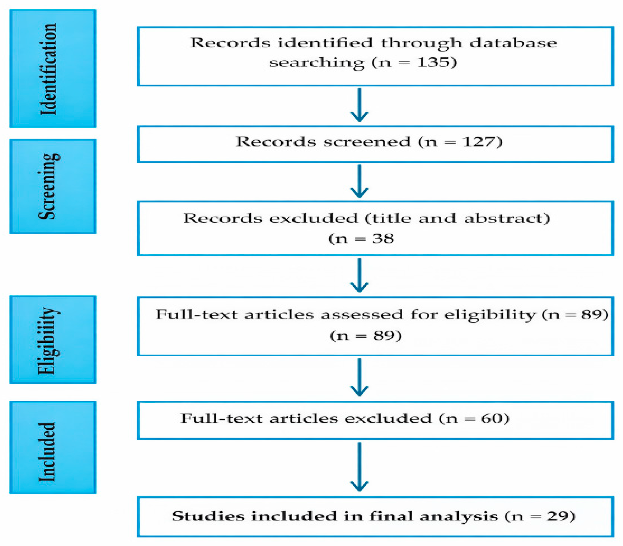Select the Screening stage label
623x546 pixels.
coord(49,186)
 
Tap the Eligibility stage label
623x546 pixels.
coord(49,341)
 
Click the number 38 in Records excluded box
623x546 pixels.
coord(383,238)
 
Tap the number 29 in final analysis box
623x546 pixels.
coord(557,516)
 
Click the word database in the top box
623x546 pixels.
coord(513,43)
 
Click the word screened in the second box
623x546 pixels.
coord(367,142)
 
